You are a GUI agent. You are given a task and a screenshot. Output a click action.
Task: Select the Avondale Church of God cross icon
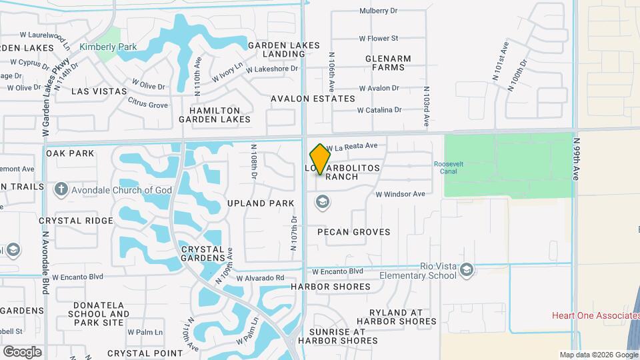pyautogui.click(x=61, y=190)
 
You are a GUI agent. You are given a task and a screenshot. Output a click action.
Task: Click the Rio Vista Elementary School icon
pyautogui.click(x=467, y=269)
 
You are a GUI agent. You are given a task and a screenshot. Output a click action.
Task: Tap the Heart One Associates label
pyautogui.click(x=596, y=315)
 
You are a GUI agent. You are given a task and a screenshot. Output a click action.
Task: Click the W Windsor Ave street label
pyautogui.click(x=400, y=194)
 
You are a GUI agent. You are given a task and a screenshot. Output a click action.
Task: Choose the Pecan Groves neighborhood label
pyautogui.click(x=354, y=232)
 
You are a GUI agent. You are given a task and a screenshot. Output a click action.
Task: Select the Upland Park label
pyautogui.click(x=261, y=203)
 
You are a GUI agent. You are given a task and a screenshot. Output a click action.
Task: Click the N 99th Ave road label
pyautogui.click(x=576, y=159)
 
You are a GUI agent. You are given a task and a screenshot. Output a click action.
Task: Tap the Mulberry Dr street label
pyautogui.click(x=378, y=11)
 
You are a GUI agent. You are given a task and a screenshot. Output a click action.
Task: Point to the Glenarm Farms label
pyautogui.click(x=388, y=63)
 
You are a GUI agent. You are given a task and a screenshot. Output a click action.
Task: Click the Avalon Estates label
pyautogui.click(x=313, y=99)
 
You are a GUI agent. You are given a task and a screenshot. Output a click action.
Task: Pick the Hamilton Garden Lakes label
pyautogui.click(x=215, y=115)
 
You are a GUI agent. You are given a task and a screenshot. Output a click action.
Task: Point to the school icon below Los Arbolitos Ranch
pyautogui.click(x=323, y=202)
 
